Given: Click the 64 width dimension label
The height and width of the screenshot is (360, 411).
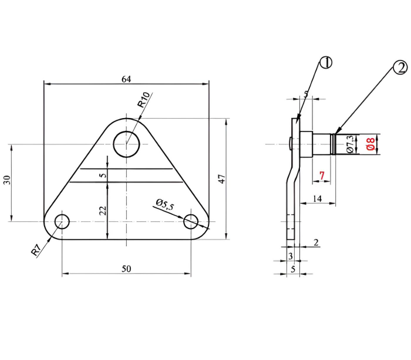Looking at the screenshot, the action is [126, 79].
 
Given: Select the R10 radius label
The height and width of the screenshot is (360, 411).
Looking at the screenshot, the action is [144, 100].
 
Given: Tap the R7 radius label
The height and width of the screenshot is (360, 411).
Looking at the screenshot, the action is [36, 250].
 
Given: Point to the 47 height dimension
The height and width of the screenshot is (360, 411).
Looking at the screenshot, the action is [222, 179].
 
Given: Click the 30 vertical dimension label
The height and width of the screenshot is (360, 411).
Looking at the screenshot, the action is [7, 180].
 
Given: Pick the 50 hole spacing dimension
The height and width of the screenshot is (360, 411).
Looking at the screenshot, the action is [126, 269].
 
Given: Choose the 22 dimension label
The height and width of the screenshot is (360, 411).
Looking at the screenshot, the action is [104, 211].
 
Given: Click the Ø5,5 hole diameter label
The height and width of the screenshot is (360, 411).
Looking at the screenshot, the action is [164, 205].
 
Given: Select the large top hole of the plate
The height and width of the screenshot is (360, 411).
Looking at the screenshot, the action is [126, 144].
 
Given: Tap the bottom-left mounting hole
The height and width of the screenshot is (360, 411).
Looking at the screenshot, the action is [62, 221].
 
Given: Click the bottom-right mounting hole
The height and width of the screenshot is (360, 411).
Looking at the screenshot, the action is [191, 221].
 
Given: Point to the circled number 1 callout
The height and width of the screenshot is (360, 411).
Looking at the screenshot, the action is [326, 63].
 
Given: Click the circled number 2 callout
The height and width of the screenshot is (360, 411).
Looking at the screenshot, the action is [400, 68].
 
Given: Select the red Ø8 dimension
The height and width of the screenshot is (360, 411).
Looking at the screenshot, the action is [370, 144].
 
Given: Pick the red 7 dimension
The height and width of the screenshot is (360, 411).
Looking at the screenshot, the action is [322, 176].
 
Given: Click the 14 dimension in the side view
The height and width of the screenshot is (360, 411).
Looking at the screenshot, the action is [317, 198].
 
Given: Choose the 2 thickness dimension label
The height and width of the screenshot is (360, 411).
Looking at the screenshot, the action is [316, 243].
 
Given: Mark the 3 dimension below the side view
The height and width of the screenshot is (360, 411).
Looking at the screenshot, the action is [291, 256].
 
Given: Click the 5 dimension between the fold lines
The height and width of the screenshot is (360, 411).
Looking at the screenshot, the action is [104, 175].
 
